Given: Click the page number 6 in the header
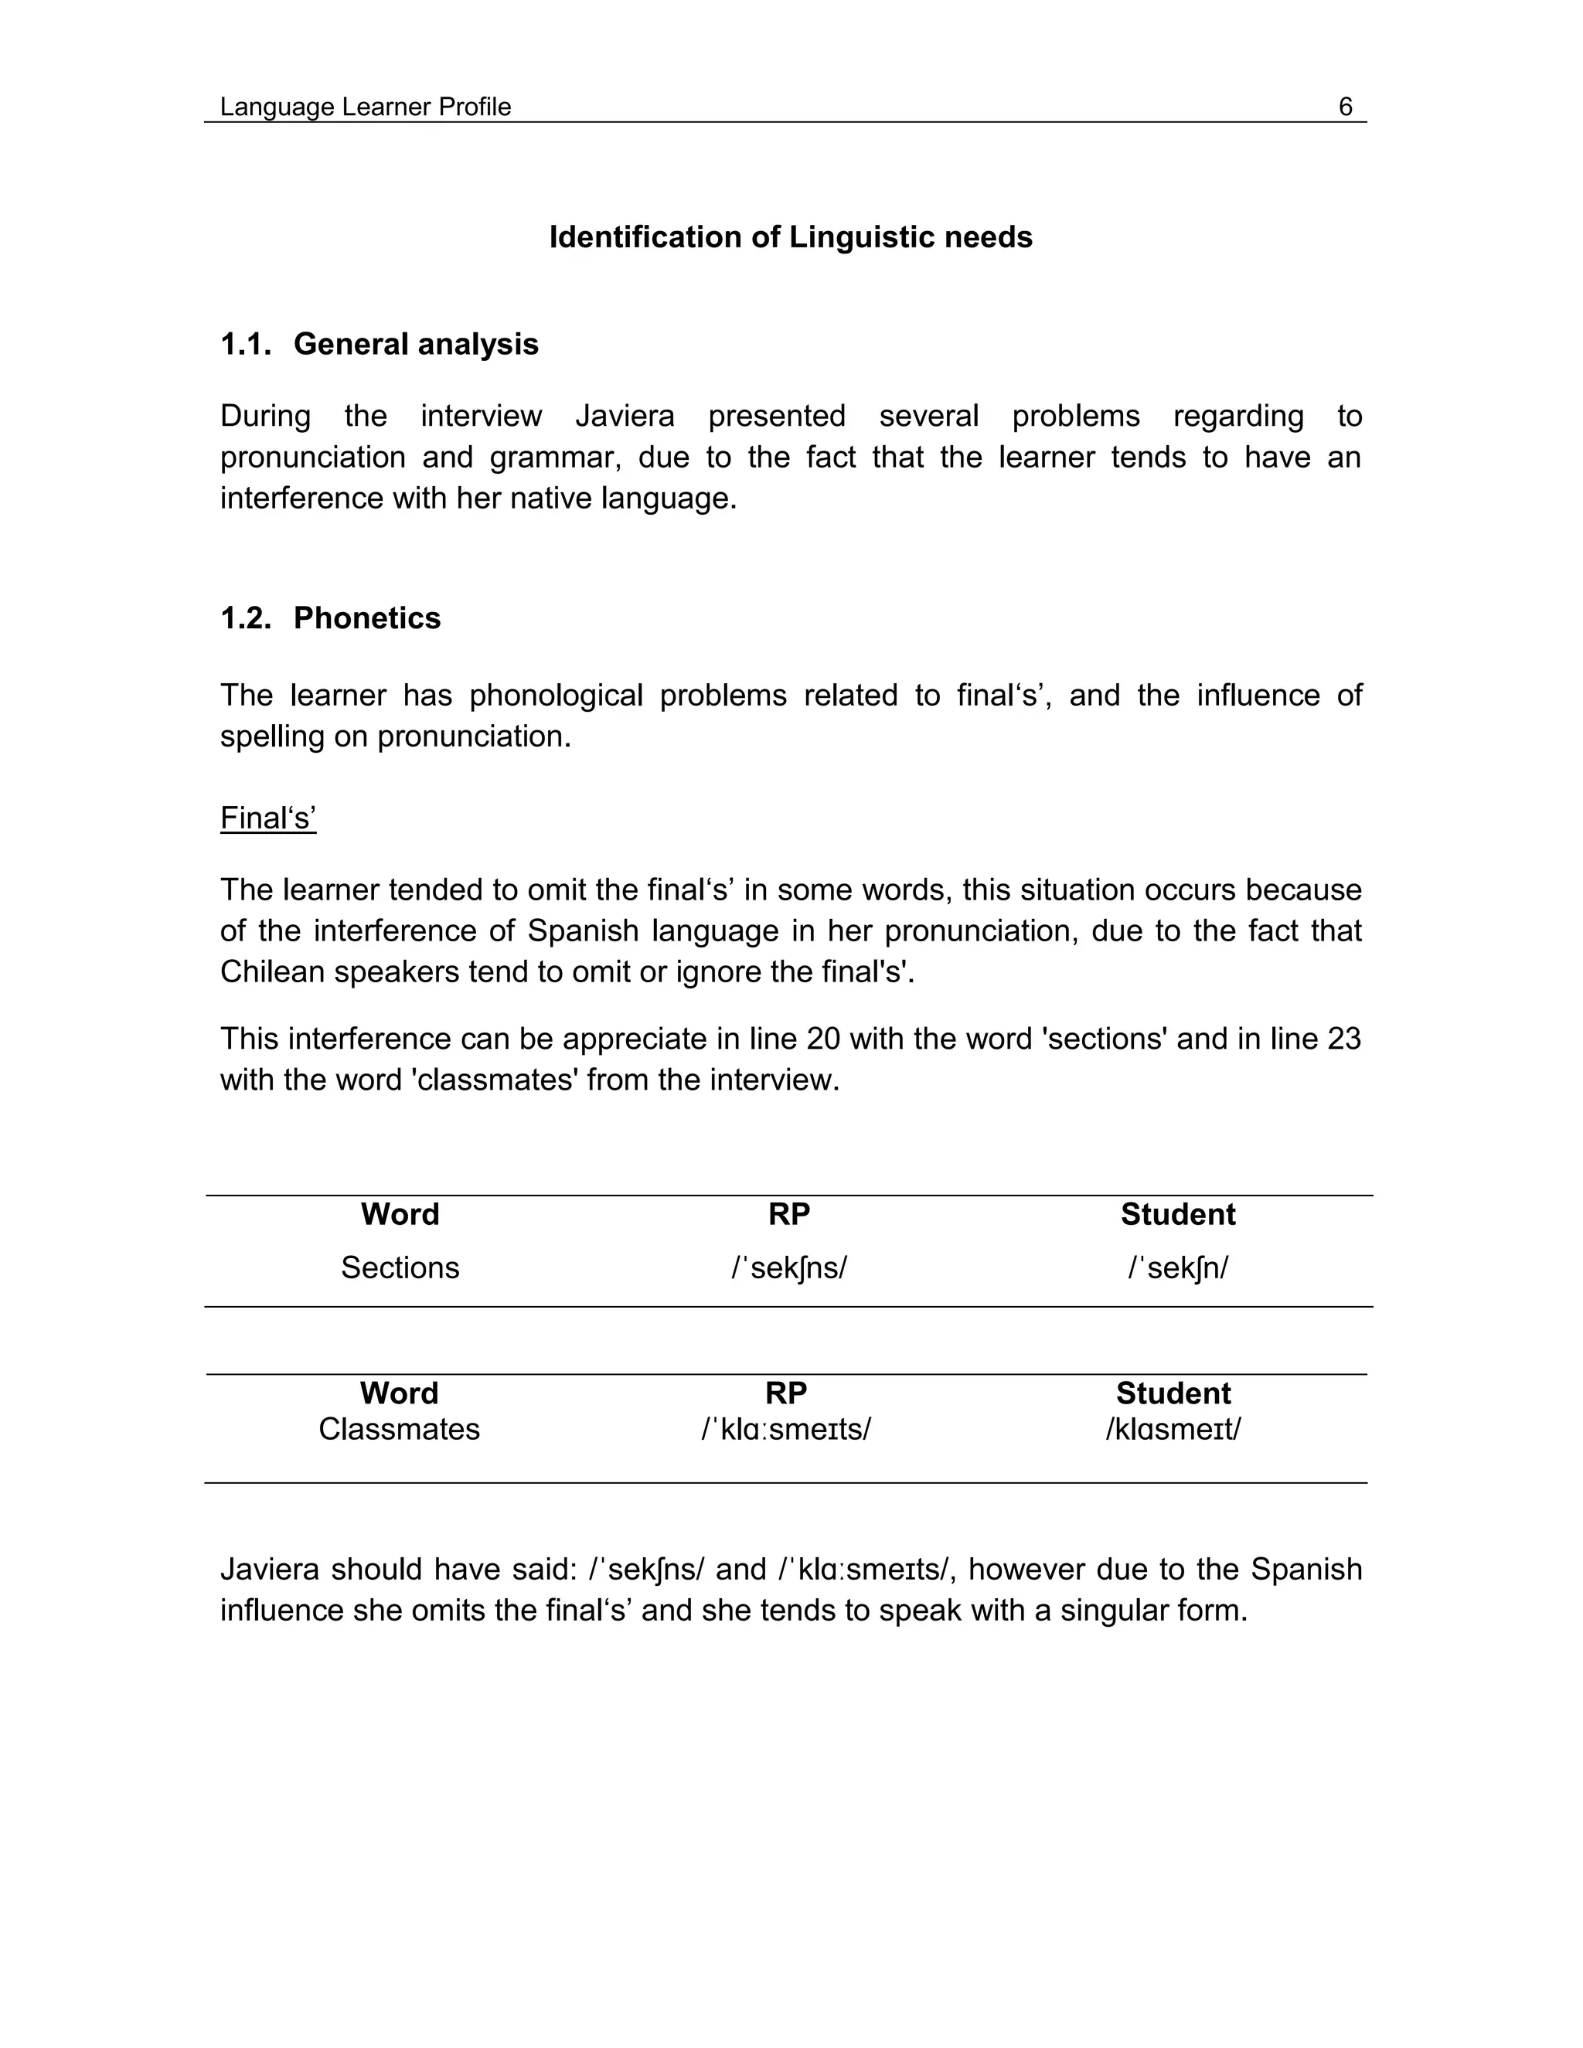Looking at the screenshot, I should click(1345, 107).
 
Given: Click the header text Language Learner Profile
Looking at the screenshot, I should click(365, 107).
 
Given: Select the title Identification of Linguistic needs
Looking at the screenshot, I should click(790, 237).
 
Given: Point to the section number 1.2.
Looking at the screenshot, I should click(246, 618).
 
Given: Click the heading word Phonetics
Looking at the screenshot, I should click(366, 618).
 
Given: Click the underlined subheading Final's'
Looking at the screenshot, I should click(268, 818).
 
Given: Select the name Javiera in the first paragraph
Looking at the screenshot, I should click(625, 416).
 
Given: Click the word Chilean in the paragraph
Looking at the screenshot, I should click(272, 971).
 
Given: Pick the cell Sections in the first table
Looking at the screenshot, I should click(400, 1267).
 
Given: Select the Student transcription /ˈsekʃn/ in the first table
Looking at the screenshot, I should click(1178, 1267).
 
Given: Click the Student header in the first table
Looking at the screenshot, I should click(1178, 1214).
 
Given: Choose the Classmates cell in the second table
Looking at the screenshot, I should click(399, 1429).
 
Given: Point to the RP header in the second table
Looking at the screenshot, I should click(786, 1393).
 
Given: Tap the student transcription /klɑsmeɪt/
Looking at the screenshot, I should click(1173, 1429).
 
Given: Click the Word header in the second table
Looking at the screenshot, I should click(399, 1393).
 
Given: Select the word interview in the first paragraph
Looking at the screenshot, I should click(481, 416).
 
